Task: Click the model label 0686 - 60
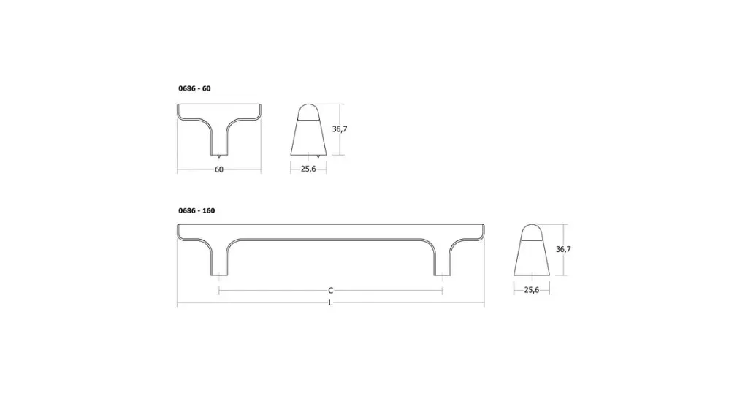tap(194, 88)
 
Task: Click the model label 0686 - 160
tap(196, 210)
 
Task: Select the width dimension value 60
tap(219, 169)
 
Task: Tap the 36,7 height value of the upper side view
tap(339, 129)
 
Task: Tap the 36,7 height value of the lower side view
tap(563, 249)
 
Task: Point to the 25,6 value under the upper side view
tap(308, 169)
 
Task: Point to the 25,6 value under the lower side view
tap(532, 289)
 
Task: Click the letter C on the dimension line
tap(331, 291)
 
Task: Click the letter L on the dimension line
tap(331, 302)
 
